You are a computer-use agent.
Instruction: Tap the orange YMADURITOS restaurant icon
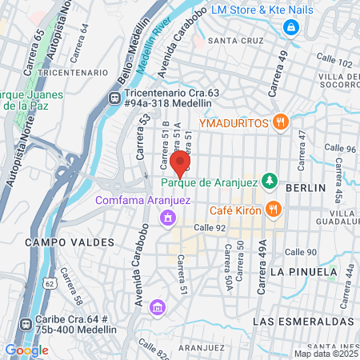point(279,122)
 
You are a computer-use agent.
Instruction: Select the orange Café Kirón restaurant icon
point(273,210)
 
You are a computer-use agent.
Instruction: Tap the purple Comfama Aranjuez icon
point(166,217)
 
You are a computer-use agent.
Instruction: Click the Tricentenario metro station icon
point(114,98)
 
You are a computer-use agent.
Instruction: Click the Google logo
point(26,350)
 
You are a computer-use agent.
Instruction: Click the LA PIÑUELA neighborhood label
point(303,272)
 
